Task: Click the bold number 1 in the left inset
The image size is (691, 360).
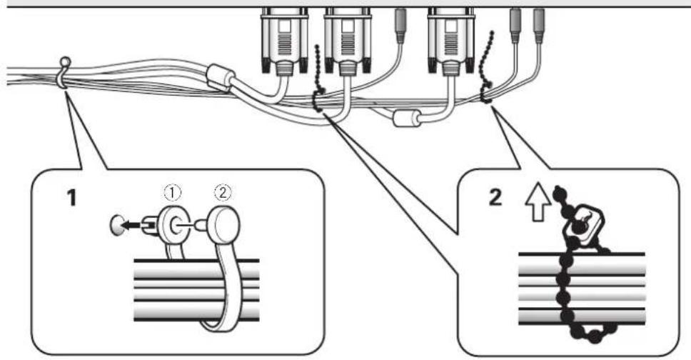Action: (71, 197)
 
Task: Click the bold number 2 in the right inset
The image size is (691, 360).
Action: (495, 197)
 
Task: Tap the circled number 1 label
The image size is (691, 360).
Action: (173, 192)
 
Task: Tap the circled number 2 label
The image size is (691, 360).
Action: (223, 192)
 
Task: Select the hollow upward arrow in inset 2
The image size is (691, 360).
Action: (538, 203)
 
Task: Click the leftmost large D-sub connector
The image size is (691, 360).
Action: (284, 41)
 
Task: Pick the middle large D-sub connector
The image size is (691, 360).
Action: (348, 41)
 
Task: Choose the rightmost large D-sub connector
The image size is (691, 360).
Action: (451, 41)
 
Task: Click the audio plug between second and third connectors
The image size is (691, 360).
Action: (400, 26)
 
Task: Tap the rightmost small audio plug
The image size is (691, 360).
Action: (539, 26)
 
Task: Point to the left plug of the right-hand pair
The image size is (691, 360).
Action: (515, 26)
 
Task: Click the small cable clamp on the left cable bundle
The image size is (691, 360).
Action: (64, 72)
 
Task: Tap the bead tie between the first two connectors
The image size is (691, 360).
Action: (318, 79)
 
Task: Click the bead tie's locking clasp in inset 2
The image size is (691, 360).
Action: (582, 225)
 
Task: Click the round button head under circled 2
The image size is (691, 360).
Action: (225, 225)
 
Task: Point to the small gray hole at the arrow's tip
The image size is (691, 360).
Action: (115, 225)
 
